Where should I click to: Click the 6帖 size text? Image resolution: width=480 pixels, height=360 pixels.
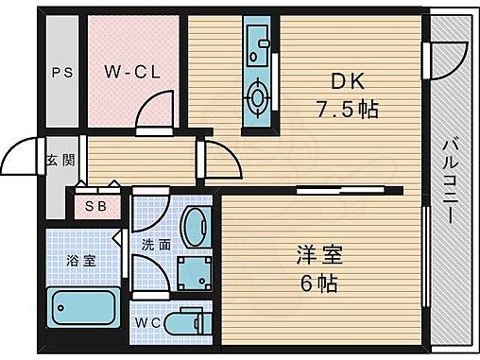click(317, 283)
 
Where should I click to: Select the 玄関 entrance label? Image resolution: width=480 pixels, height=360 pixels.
click(53, 161)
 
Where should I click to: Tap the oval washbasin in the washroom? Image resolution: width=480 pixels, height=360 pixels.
click(197, 227)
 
